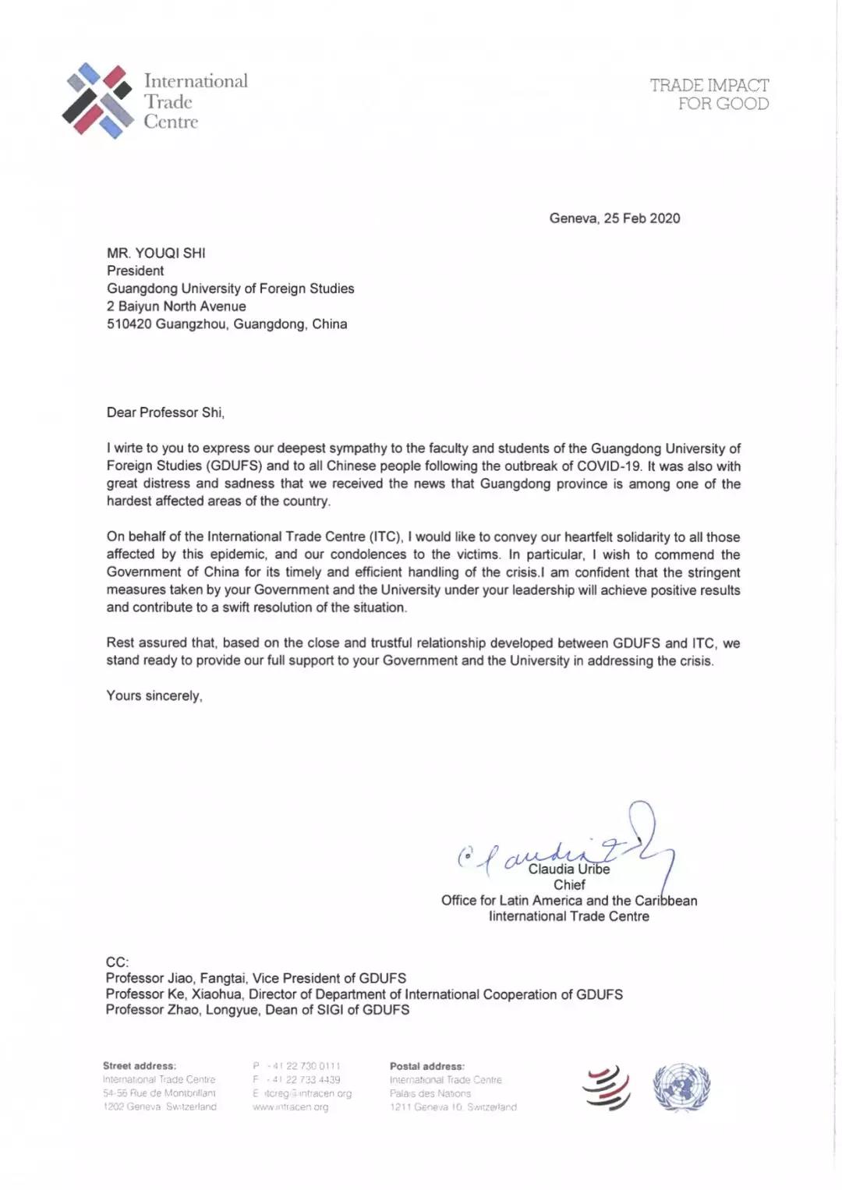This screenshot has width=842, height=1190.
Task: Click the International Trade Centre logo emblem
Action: (97, 101)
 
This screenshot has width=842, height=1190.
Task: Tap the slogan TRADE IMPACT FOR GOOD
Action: (709, 94)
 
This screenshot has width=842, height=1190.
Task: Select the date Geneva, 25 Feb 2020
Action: (614, 218)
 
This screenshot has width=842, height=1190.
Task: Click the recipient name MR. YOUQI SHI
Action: (156, 253)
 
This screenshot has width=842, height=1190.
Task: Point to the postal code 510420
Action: (129, 324)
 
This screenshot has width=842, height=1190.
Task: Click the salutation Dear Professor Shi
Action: (165, 413)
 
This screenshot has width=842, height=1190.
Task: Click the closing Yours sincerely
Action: (154, 696)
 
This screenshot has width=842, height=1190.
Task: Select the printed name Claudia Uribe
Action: (569, 869)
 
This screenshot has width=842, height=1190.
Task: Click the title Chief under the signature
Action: (569, 885)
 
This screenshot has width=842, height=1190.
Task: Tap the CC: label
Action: (118, 962)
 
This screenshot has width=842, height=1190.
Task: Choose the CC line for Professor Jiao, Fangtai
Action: (256, 978)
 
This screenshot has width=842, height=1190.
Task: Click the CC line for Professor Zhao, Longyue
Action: (257, 1010)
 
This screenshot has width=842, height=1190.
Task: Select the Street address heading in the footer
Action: (140, 1066)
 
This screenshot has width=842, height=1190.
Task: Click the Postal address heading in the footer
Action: (427, 1066)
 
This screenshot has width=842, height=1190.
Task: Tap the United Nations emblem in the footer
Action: (681, 1087)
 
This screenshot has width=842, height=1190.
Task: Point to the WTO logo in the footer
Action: (607, 1087)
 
